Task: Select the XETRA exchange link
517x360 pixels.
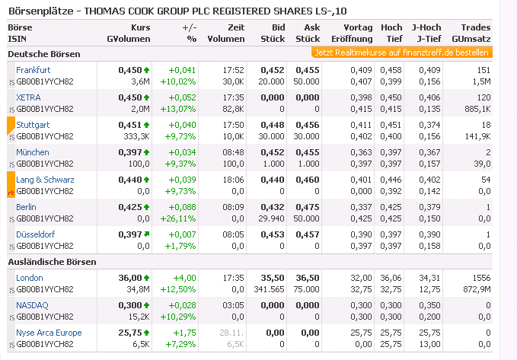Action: coord(28,97)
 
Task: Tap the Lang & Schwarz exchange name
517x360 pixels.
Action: coord(45,180)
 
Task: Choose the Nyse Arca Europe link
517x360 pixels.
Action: coord(49,333)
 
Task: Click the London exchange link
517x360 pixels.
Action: coord(30,278)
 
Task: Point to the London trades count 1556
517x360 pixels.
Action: coord(480,278)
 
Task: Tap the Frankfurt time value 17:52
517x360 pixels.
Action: coord(232,69)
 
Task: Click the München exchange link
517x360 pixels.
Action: coord(32,152)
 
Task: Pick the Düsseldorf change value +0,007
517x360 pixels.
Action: coord(183,234)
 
